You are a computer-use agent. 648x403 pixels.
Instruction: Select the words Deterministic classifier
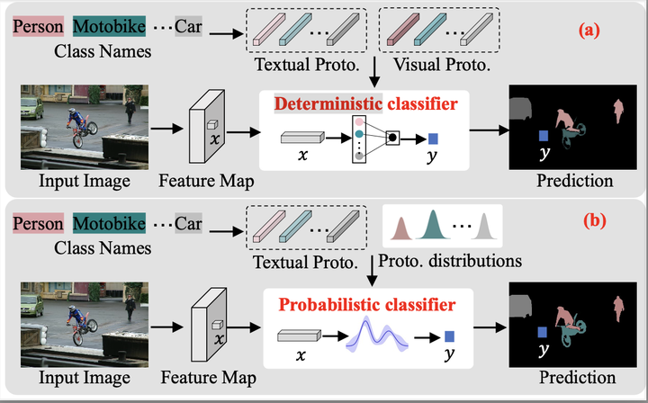[365, 104]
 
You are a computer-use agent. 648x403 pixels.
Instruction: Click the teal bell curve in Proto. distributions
[433, 228]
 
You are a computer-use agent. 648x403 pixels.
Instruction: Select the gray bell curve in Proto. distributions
[485, 228]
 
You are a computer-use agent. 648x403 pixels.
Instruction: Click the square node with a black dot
[392, 138]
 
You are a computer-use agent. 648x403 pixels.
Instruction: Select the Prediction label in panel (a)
[574, 181]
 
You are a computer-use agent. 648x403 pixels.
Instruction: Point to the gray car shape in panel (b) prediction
[521, 306]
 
